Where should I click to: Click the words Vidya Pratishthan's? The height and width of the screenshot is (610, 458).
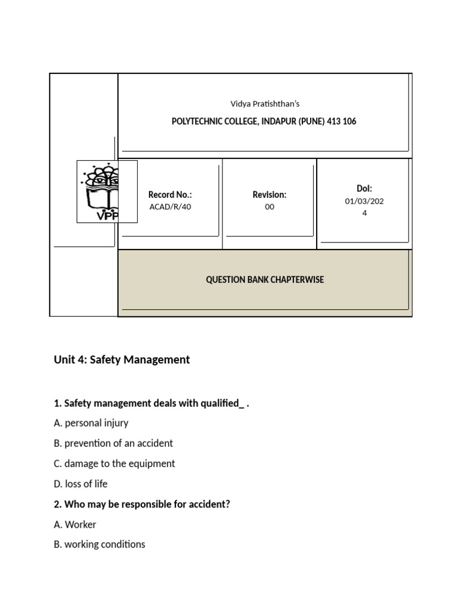tap(265, 104)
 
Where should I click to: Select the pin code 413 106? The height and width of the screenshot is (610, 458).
tap(342, 122)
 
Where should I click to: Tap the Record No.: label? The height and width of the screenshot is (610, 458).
tap(170, 195)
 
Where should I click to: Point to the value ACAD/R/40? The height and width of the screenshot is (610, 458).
tap(170, 207)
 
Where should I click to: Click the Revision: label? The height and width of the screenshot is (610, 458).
tap(270, 195)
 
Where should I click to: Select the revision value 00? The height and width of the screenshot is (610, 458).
tap(270, 207)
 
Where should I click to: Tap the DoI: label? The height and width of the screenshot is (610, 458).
tap(364, 188)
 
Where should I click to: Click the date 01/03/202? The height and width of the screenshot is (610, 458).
tap(364, 201)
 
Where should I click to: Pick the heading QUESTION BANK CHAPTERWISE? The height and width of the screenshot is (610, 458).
tap(265, 279)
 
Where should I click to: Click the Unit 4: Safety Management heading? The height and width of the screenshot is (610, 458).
tap(122, 359)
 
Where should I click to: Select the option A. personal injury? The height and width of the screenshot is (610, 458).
tap(91, 423)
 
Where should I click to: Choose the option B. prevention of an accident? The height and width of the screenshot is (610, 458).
tap(113, 443)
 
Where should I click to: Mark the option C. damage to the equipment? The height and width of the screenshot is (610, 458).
tap(114, 463)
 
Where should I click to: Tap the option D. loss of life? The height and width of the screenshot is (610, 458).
tap(81, 484)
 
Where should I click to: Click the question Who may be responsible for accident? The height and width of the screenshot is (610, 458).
tap(147, 504)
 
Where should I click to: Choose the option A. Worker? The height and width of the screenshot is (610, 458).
tap(75, 524)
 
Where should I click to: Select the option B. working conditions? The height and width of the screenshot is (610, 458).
tap(99, 544)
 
